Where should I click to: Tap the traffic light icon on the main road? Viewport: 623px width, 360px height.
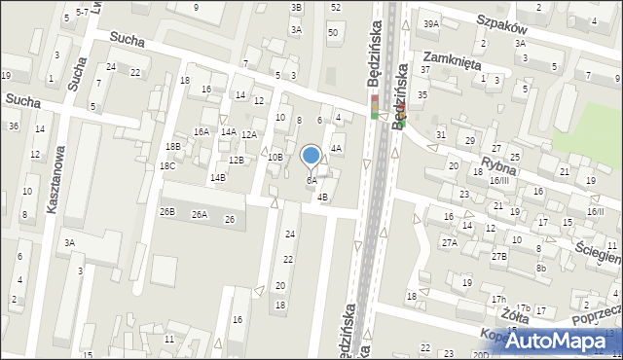pyautogui.click(x=374, y=106)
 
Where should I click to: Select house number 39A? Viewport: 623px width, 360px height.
pyautogui.click(x=431, y=23)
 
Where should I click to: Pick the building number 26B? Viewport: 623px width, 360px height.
pyautogui.click(x=167, y=211)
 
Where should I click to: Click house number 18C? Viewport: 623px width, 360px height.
pyautogui.click(x=167, y=166)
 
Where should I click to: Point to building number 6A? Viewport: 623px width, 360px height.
pyautogui.click(x=311, y=180)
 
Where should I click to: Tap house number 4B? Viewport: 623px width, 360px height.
pyautogui.click(x=322, y=197)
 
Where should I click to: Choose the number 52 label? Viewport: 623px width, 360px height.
pyautogui.click(x=335, y=7)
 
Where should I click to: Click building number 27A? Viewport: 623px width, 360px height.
pyautogui.click(x=449, y=242)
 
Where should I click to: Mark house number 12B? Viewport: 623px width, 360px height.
pyautogui.click(x=237, y=160)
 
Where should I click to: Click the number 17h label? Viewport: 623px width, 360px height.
pyautogui.click(x=497, y=299)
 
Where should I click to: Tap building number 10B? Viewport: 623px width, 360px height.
pyautogui.click(x=275, y=157)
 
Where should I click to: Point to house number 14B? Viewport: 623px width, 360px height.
pyautogui.click(x=217, y=177)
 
